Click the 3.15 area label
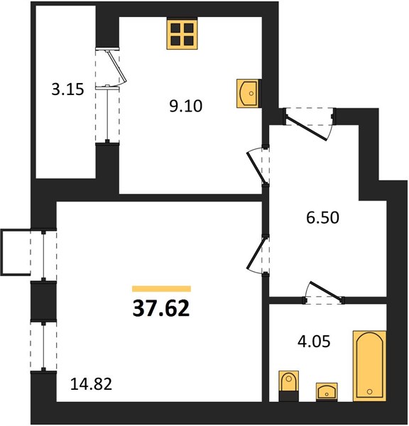[x=67, y=89]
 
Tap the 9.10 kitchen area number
[x=186, y=106]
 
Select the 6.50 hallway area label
[x=323, y=218]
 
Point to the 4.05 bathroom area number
[x=314, y=342]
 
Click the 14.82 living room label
[x=91, y=384]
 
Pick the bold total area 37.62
[x=161, y=309]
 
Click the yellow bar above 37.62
[x=161, y=288]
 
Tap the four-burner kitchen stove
[x=182, y=34]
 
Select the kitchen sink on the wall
[x=247, y=93]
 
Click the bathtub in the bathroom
[x=370, y=366]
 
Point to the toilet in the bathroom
[x=288, y=386]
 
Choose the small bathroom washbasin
[x=327, y=392]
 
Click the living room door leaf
[x=256, y=253]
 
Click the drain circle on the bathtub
[x=369, y=391]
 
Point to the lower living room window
[x=43, y=346]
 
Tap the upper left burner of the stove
[x=176, y=28]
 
